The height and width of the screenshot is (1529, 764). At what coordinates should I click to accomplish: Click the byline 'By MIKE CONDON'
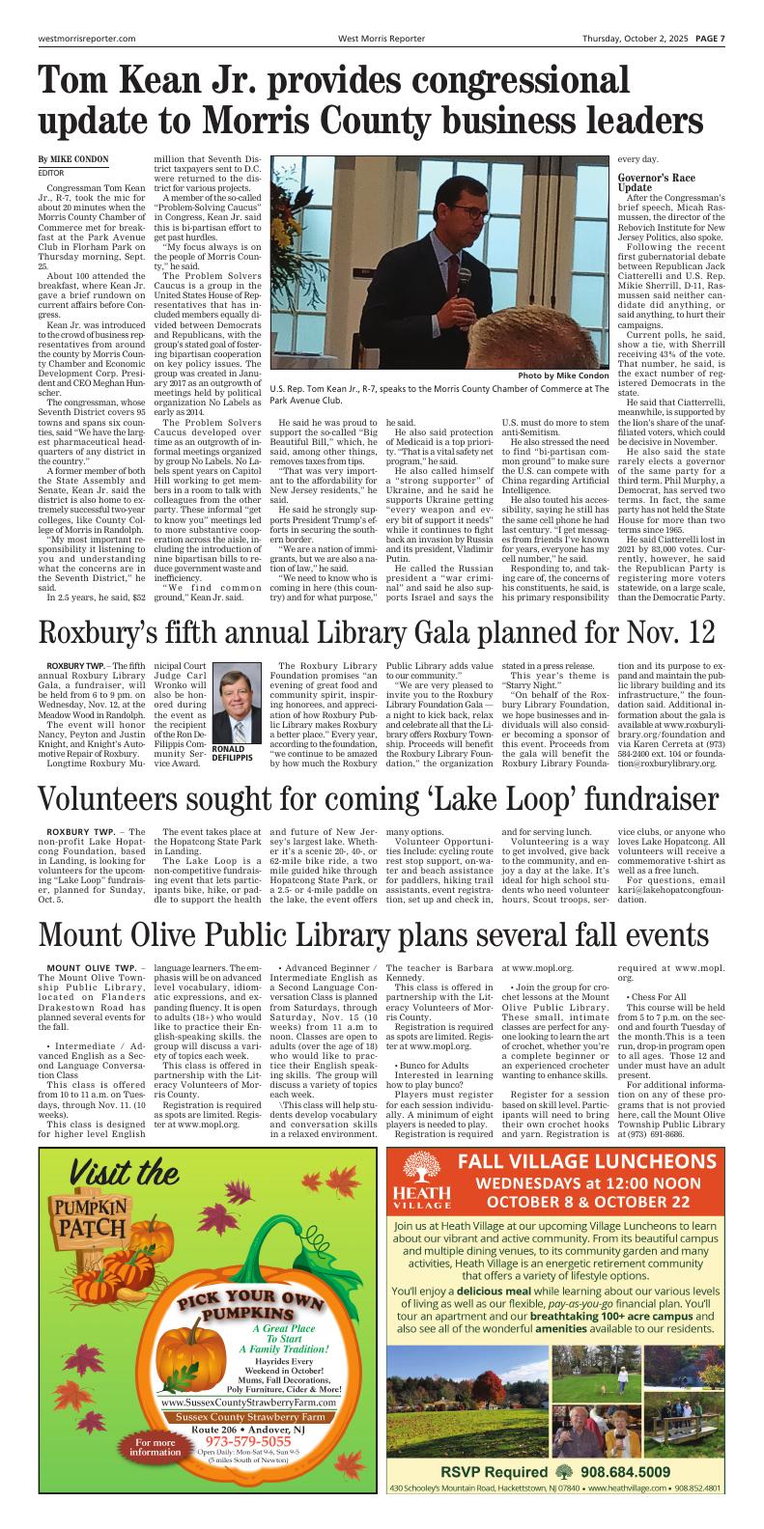pos(73,159)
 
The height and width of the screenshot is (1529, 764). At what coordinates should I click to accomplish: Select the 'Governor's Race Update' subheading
pos(659,183)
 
